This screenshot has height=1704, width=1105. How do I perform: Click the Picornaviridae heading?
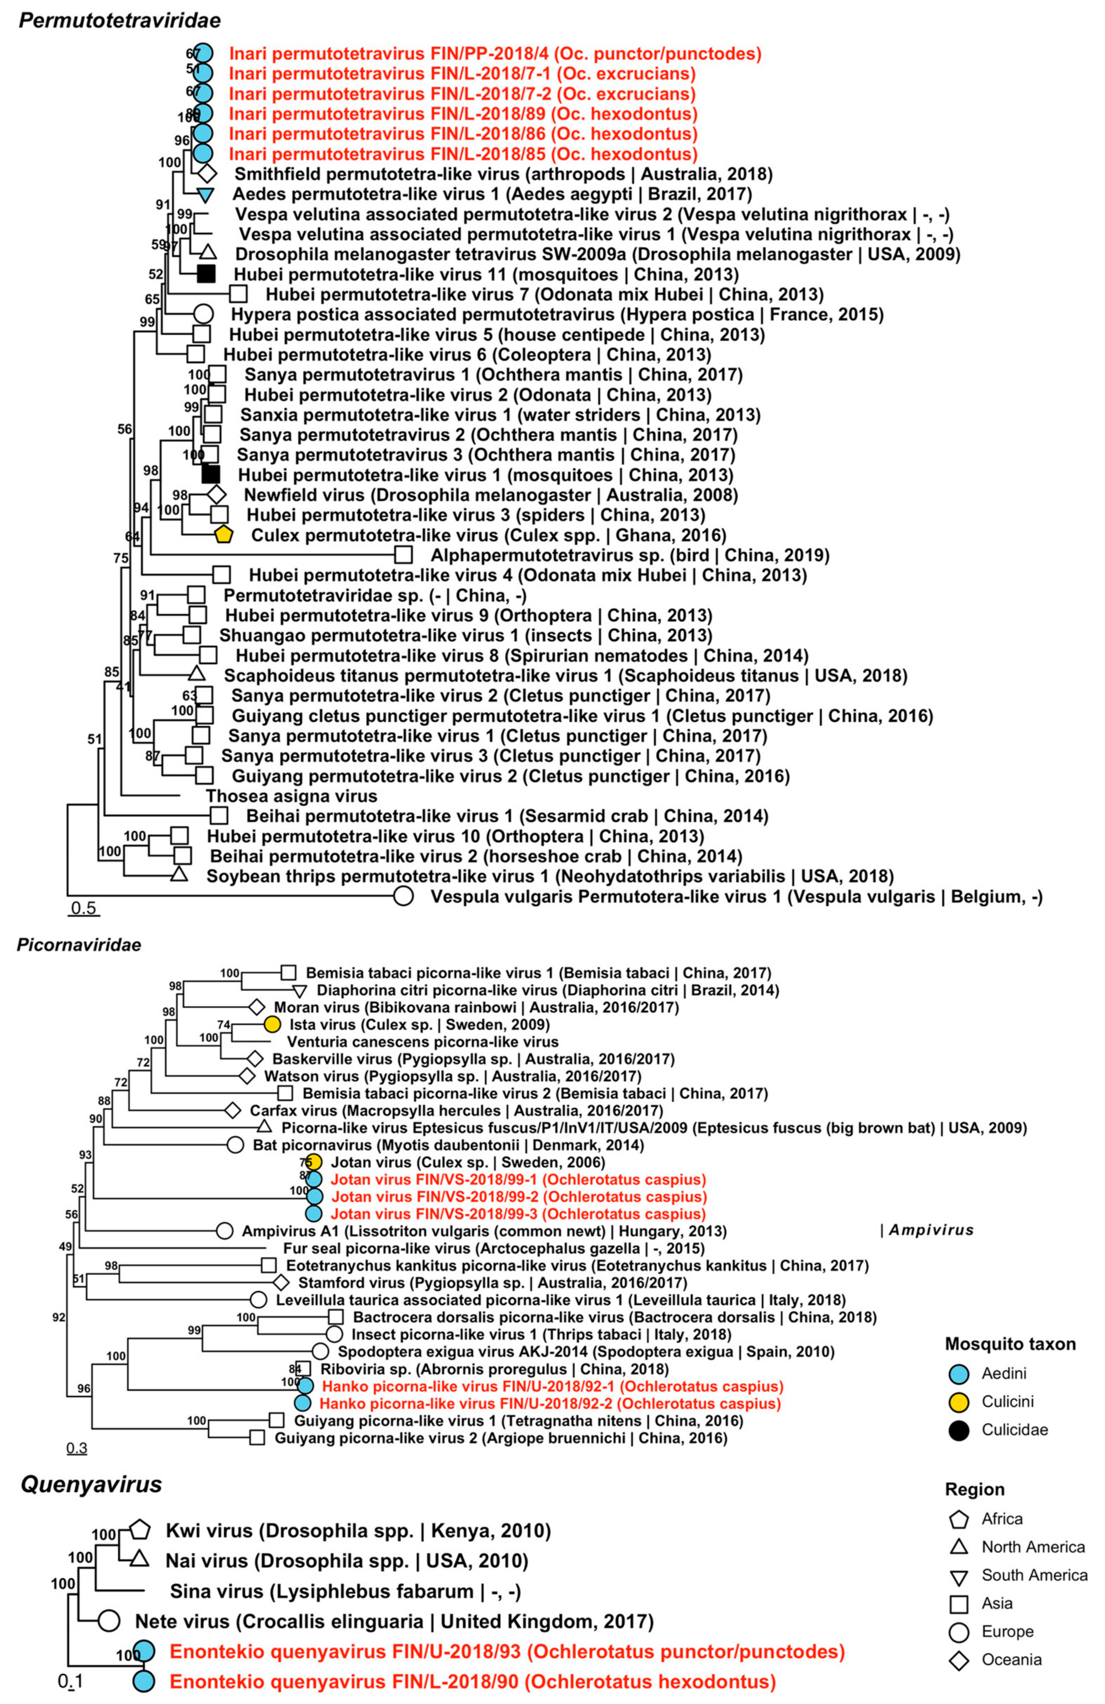[x=79, y=945]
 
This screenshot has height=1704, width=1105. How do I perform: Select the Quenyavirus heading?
[x=91, y=1484]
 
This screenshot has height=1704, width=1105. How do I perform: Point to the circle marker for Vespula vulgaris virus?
[x=404, y=896]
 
